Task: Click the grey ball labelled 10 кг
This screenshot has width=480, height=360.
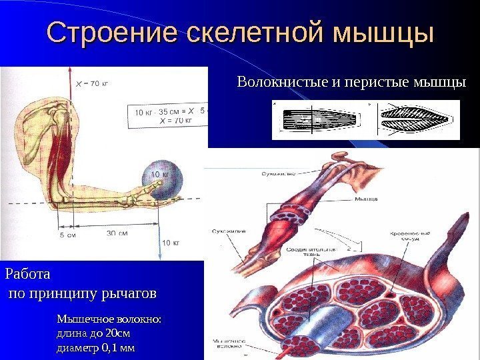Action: [159, 181]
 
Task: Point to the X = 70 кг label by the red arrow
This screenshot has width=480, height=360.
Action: [92, 84]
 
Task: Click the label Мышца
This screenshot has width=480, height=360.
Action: [365, 199]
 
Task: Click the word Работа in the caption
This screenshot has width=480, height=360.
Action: [28, 273]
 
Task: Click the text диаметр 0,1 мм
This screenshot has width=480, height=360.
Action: [96, 347]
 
